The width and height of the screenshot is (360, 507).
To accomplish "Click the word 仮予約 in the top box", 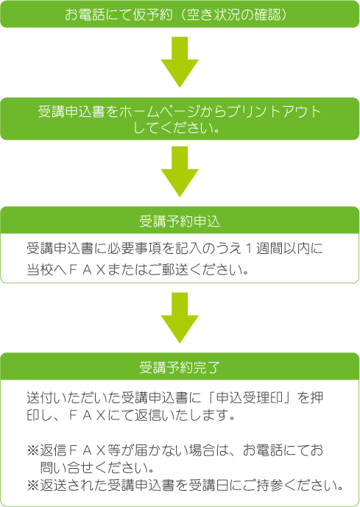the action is [152, 14].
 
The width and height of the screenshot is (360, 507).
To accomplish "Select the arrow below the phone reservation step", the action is [180, 62].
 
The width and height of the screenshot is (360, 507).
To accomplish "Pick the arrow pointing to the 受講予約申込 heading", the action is [180, 171].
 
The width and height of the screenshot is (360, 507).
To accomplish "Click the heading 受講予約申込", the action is [180, 221].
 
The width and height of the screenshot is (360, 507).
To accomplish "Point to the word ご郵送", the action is [168, 270].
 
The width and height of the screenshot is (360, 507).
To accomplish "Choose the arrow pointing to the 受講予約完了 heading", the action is [180, 318].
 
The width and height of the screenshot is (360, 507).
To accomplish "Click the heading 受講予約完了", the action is [180, 368].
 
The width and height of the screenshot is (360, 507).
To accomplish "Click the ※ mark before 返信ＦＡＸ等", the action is [33, 450].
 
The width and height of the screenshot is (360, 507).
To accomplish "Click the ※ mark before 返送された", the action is [33, 486].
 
